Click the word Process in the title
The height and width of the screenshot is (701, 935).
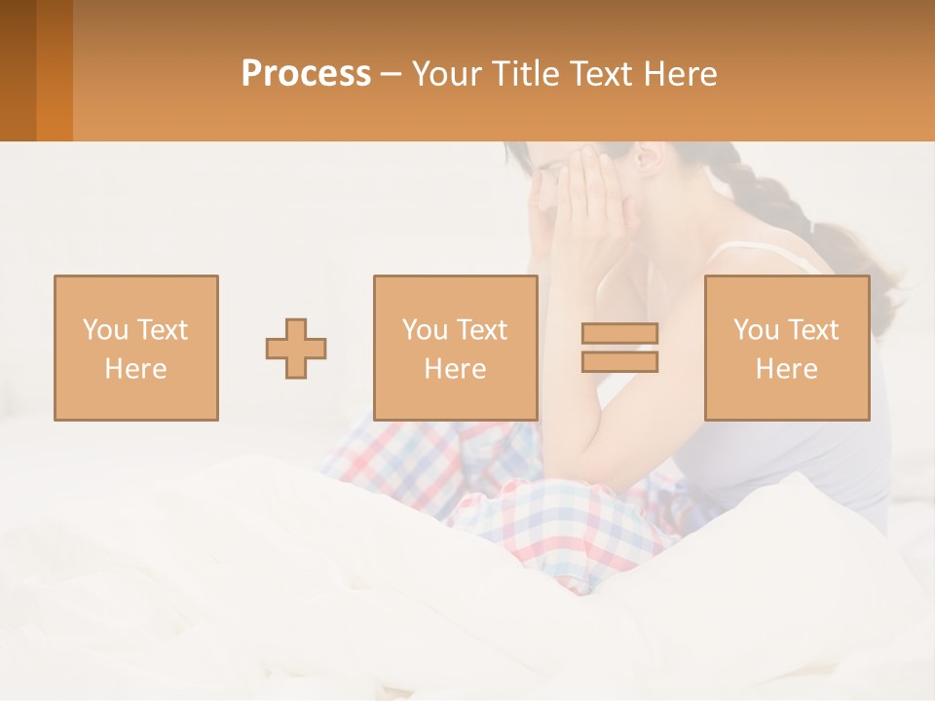pos(306,74)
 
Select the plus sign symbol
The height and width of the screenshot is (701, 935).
pos(296,349)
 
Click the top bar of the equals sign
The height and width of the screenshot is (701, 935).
pos(619,333)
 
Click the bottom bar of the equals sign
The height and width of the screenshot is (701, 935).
pos(619,361)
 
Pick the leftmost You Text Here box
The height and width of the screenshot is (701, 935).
pos(136,348)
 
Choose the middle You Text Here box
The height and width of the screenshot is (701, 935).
pos(455,348)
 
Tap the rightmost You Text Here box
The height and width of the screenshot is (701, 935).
pos(786,348)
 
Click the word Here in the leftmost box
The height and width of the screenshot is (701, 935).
pos(135,369)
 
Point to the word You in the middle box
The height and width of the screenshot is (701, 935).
pos(425,330)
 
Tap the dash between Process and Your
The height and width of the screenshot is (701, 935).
pos(392,75)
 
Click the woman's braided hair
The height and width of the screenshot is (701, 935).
pos(769,200)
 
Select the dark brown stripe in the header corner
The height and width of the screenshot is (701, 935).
pos(18,70)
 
